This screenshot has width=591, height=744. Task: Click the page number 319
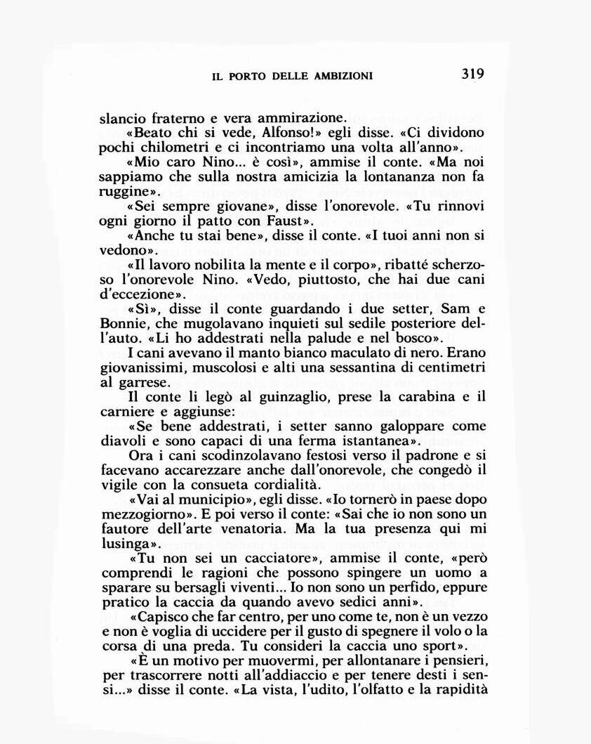coord(473,73)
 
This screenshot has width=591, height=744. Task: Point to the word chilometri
coord(169,148)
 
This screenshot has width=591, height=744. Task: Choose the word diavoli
coord(123,442)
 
